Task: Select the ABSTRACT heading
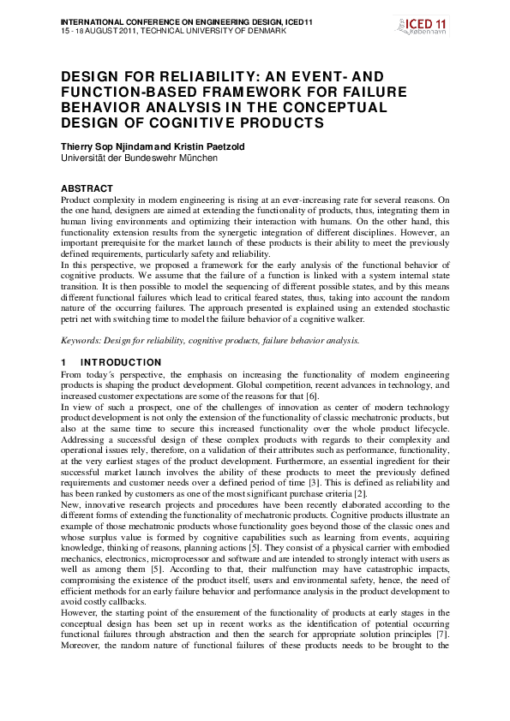[x=87, y=188]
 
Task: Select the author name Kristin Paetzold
[x=212, y=146]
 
